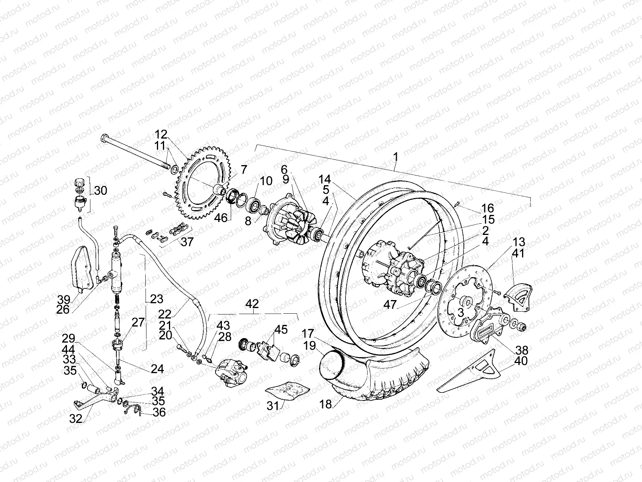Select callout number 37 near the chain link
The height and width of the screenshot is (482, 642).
tap(187, 242)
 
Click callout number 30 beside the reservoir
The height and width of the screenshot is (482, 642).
tap(100, 190)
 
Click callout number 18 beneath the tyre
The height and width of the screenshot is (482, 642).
tap(326, 404)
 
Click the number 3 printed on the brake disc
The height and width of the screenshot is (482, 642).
tap(461, 312)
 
